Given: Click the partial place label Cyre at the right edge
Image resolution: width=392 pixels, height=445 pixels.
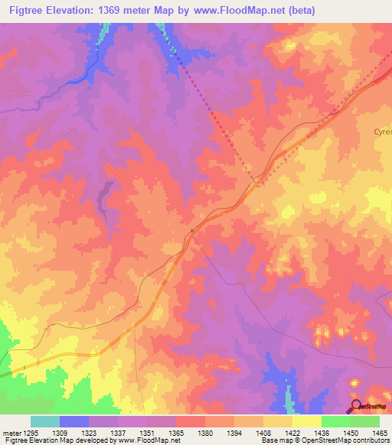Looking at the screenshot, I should point(382,132).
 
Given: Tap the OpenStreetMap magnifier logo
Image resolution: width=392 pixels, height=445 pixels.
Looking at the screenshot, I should point(354,405).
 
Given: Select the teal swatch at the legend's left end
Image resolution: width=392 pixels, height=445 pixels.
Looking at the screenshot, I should point(45,421).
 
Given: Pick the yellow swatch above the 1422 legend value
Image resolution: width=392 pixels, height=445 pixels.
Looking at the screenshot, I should point(306,421).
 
